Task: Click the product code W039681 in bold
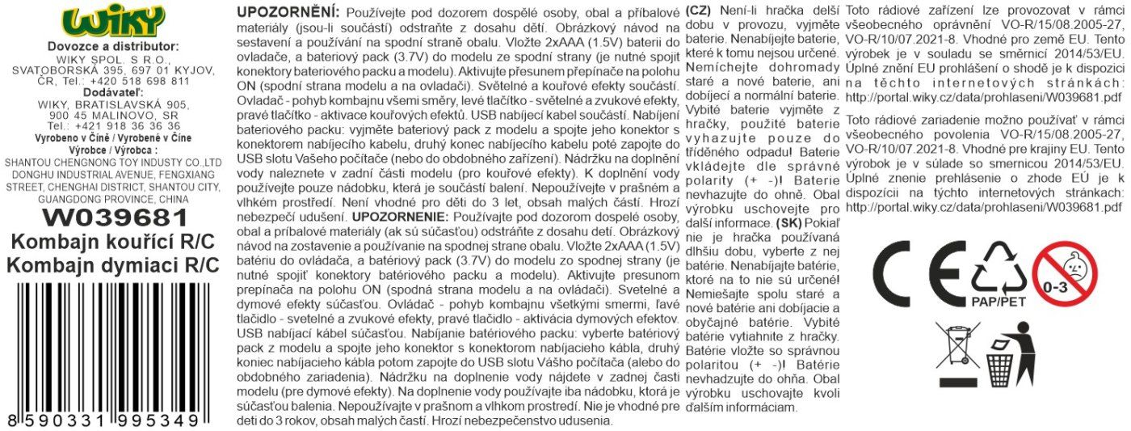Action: (113, 217)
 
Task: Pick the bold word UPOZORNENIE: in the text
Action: (397, 218)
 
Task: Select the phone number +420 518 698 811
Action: (139, 81)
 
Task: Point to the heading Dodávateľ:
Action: (113, 92)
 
